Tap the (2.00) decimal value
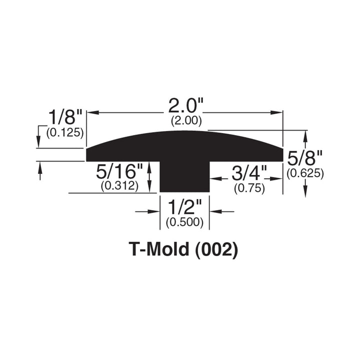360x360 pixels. [186, 120]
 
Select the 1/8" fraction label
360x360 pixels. [64, 118]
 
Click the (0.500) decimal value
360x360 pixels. [184, 222]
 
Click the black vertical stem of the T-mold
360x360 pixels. [184, 177]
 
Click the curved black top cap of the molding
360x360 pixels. [185, 145]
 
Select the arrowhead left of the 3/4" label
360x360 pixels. [214, 177]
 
